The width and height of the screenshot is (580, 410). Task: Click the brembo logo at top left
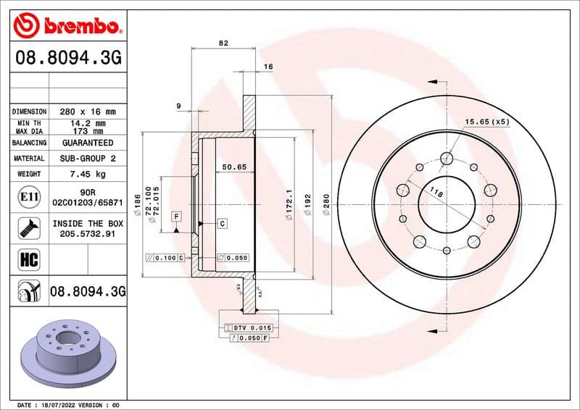[x=67, y=26]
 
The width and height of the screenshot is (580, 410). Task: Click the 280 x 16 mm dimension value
[x=88, y=112]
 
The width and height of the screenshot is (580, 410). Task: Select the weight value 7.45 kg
[x=88, y=174]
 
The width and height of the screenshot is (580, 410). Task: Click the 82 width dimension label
[x=223, y=43]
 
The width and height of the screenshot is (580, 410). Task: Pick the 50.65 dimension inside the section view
[x=234, y=167]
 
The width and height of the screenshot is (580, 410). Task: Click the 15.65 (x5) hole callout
[x=486, y=122]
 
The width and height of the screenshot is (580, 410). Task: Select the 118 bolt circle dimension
[x=436, y=193]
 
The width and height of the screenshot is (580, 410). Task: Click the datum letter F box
[x=175, y=217]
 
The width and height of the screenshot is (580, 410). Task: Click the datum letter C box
[x=222, y=223]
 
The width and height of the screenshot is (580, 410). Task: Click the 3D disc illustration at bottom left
[x=66, y=347]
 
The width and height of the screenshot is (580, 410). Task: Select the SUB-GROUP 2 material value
[x=88, y=158]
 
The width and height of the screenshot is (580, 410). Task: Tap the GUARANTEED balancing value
[x=88, y=143]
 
